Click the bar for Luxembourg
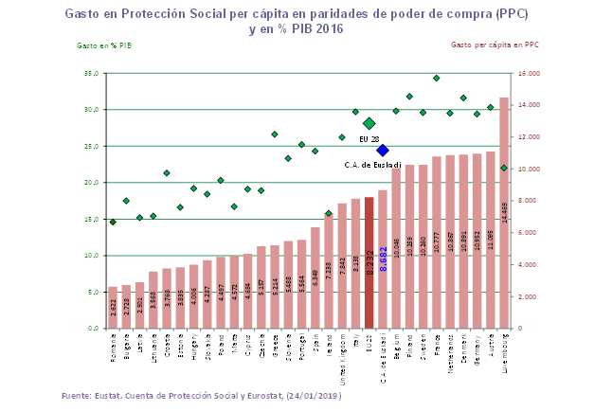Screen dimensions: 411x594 click(x=504, y=213)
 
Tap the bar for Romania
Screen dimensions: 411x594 click(x=113, y=308)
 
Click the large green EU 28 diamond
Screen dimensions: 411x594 click(x=369, y=123)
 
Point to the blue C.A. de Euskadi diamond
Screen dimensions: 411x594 click(x=383, y=150)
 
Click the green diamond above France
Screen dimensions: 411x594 click(x=437, y=78)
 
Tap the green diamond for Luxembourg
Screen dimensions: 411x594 click(x=504, y=168)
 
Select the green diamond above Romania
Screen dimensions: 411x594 click(x=113, y=222)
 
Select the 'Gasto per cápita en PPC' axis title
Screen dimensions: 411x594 click(x=495, y=45)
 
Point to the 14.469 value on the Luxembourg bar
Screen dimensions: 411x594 click(x=505, y=217)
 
